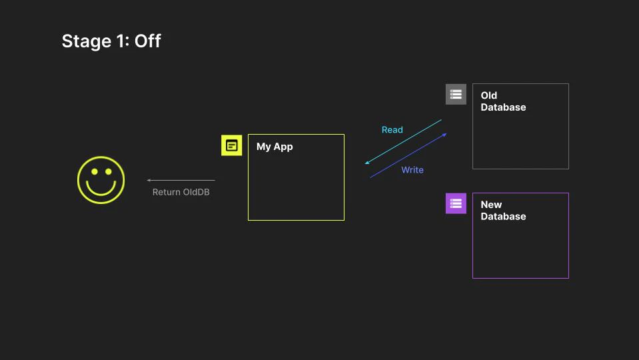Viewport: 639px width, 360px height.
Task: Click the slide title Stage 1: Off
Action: pyautogui.click(x=111, y=41)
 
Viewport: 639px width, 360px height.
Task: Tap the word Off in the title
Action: pyautogui.click(x=148, y=41)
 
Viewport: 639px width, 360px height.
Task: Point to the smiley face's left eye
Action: pyautogui.click(x=94, y=171)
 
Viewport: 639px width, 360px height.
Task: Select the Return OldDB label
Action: pyautogui.click(x=181, y=192)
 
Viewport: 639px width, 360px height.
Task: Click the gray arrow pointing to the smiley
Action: pyautogui.click(x=181, y=180)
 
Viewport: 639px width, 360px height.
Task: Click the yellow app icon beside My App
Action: pyautogui.click(x=231, y=145)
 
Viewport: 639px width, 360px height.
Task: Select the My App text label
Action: pyautogui.click(x=275, y=147)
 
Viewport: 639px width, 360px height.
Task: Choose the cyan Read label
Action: pyautogui.click(x=392, y=129)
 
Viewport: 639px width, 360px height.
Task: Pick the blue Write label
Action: pyautogui.click(x=412, y=170)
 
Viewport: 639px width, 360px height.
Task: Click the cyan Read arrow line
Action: pyautogui.click(x=403, y=142)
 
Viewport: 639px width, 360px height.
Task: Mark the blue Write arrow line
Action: pyautogui.click(x=408, y=155)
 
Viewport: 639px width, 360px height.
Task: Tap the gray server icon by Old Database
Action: pyautogui.click(x=456, y=94)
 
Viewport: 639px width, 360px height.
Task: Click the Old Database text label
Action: pyautogui.click(x=503, y=101)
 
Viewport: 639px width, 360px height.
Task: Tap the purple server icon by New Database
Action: pyautogui.click(x=456, y=203)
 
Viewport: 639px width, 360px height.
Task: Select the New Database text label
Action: pyautogui.click(x=503, y=211)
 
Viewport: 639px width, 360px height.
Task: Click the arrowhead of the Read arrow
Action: pyautogui.click(x=366, y=163)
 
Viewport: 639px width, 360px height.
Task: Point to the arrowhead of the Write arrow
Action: pyautogui.click(x=445, y=134)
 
